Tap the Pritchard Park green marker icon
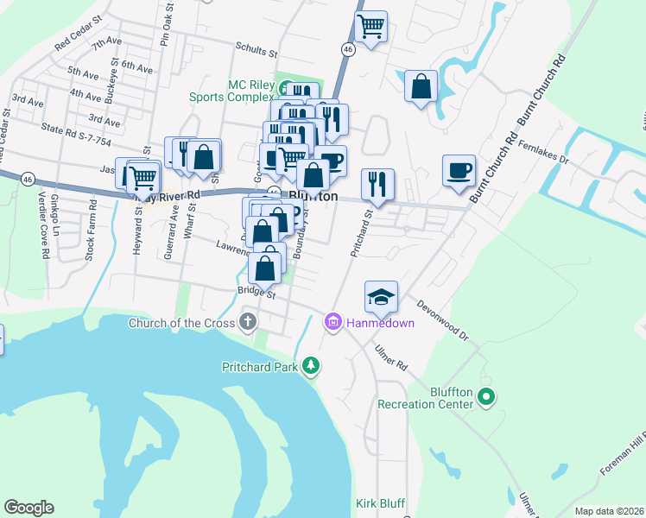point(311,368)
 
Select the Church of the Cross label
point(181,324)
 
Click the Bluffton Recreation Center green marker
point(485,397)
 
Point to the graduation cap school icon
point(381,298)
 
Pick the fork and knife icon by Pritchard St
point(377,184)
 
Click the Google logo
point(28,508)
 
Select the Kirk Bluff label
point(380,503)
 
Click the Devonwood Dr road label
point(442,319)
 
